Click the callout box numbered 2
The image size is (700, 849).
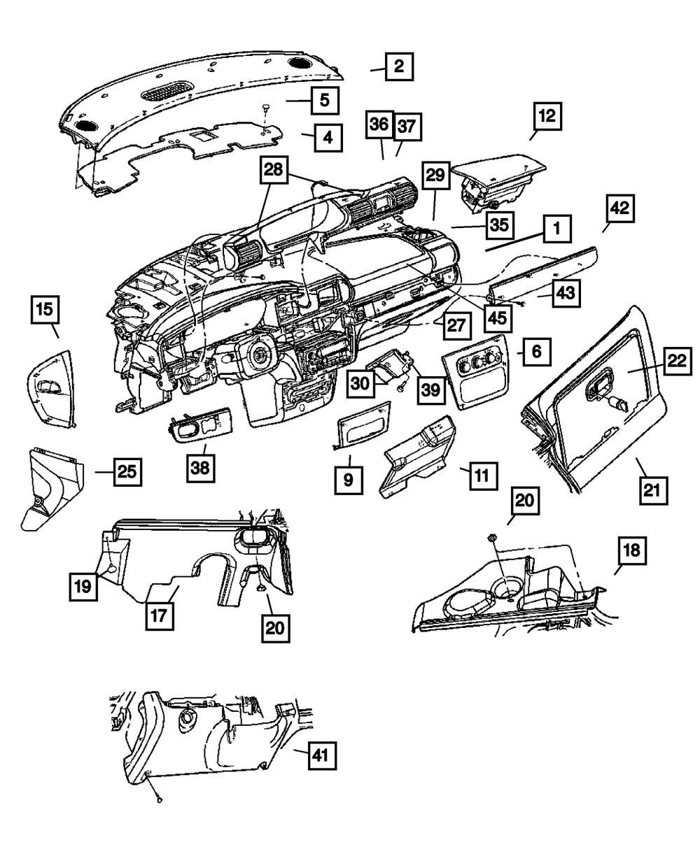(398, 67)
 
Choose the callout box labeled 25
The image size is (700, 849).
(126, 472)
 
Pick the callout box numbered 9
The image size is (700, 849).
(349, 480)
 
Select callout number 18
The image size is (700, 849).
(631, 551)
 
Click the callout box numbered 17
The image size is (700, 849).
(161, 615)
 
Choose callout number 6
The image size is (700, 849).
(536, 352)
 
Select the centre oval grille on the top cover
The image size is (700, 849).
(167, 91)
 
